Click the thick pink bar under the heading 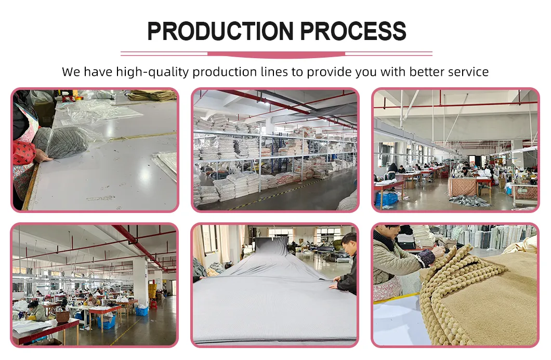point(276,55)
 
